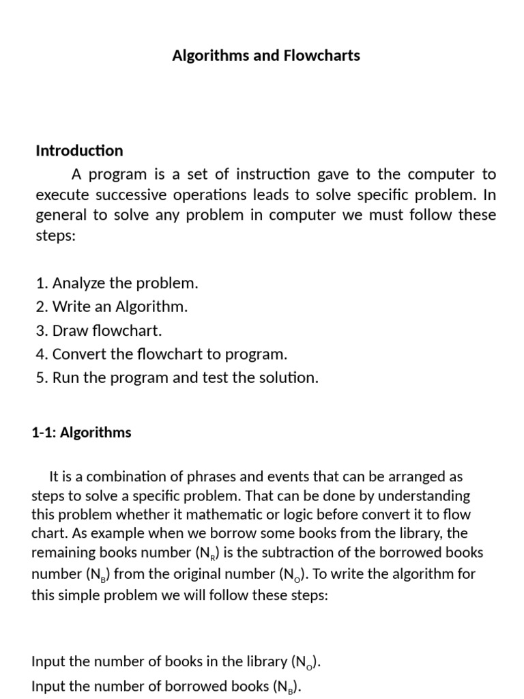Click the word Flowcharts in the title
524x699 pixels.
coord(324,56)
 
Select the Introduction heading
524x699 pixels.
coord(79,150)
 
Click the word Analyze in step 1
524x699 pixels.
coord(78,283)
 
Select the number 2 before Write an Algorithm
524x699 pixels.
coord(40,306)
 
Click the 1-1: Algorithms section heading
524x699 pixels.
coord(81,432)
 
